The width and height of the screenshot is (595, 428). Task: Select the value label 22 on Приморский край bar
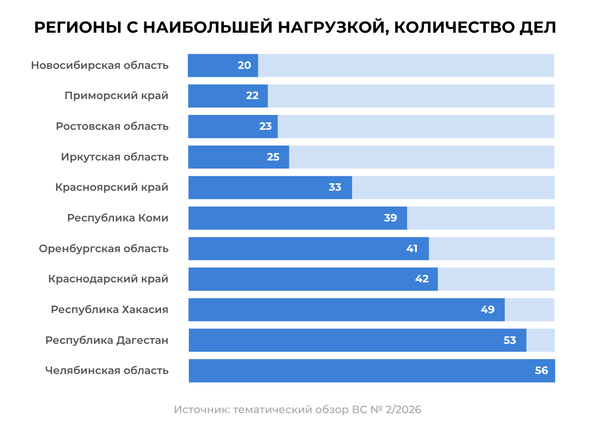252,96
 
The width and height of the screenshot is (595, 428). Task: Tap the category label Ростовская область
112,126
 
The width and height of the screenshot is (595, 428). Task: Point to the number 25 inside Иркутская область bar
273,157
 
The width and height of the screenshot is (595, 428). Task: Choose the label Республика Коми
118,218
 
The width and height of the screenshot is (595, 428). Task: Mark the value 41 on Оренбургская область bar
412,249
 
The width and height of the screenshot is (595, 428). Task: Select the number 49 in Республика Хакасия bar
487,310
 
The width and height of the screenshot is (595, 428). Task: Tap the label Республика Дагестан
107,340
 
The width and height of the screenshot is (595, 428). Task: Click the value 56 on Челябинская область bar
541,371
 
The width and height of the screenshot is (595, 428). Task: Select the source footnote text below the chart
297,410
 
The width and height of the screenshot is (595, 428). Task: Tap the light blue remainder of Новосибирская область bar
406,65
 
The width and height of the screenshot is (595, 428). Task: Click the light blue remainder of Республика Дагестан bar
540,340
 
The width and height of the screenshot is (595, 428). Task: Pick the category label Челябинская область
107,371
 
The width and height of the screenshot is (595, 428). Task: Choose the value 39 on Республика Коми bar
391,218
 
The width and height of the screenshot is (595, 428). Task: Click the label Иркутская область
115,157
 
